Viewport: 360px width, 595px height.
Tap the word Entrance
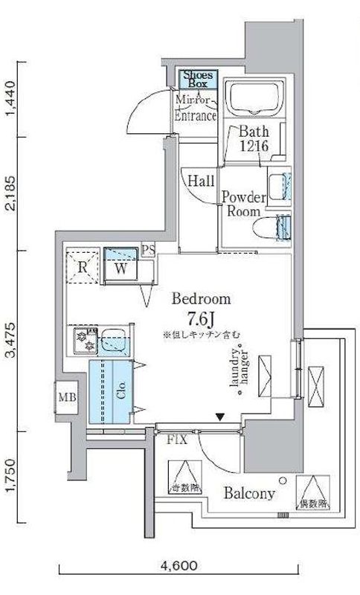pyautogui.click(x=196, y=116)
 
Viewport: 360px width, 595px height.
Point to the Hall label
pyautogui.click(x=201, y=181)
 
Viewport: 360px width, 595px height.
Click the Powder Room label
pyautogui.click(x=242, y=204)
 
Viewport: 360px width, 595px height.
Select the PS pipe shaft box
pyautogui.click(x=148, y=250)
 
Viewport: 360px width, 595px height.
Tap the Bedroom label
pyautogui.click(x=201, y=300)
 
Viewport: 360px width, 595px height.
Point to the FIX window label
pyautogui.click(x=176, y=440)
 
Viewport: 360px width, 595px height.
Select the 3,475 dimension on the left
pyautogui.click(x=10, y=341)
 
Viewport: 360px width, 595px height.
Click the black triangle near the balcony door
pyautogui.click(x=220, y=418)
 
